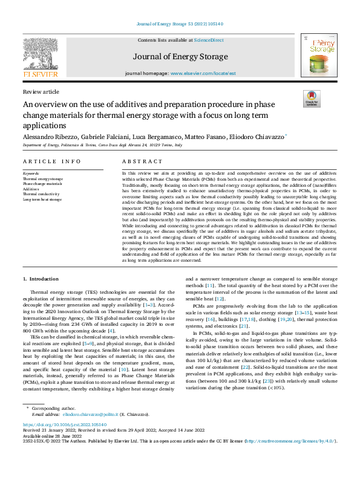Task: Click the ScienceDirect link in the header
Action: tap(209, 40)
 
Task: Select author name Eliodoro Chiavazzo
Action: tap(249, 137)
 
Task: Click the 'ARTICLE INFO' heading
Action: tap(51, 161)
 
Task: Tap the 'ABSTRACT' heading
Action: tap(142, 161)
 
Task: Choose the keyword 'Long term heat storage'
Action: tap(42, 199)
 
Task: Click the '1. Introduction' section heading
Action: tap(41, 279)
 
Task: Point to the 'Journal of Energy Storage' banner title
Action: tap(180, 57)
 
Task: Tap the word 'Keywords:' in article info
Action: tap(30, 174)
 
